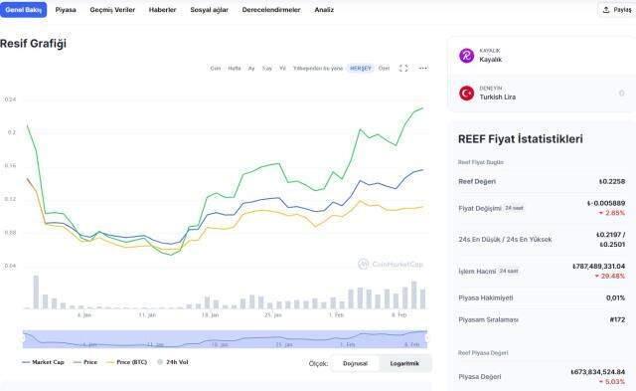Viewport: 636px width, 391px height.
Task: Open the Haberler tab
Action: click(x=162, y=9)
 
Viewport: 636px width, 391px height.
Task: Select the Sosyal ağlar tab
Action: click(x=209, y=9)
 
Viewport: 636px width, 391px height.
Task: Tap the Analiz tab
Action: click(x=324, y=9)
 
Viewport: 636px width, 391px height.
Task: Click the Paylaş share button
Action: click(x=615, y=10)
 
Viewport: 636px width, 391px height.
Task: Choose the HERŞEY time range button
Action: click(x=361, y=68)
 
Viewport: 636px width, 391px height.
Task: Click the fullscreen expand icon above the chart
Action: click(x=403, y=68)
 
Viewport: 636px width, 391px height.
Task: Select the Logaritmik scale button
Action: click(x=404, y=363)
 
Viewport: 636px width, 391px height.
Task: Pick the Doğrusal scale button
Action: click(x=355, y=363)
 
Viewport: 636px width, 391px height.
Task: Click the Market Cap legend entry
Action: click(x=44, y=362)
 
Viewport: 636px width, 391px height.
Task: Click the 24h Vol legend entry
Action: click(x=174, y=362)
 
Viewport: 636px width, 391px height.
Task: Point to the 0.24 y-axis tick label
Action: click(x=10, y=99)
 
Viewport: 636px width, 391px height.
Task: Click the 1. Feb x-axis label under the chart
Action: click(x=337, y=314)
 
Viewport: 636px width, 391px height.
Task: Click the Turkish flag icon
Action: click(x=466, y=93)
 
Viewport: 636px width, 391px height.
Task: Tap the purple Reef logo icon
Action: click(x=466, y=56)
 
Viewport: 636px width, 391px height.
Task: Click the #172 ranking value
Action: click(x=616, y=319)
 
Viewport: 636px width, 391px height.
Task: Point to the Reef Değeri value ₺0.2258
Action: click(x=611, y=181)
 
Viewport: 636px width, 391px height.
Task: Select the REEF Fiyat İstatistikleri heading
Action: click(x=520, y=139)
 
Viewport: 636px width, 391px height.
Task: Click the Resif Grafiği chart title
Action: click(x=33, y=44)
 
